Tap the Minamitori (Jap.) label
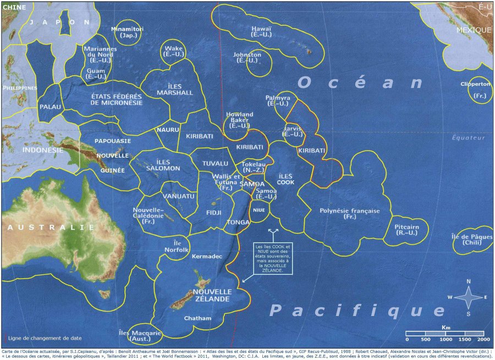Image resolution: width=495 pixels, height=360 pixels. pos(127,32)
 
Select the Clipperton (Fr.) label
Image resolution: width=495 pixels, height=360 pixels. pos(475,89)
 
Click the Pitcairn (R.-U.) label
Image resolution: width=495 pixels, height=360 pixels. pos(407,230)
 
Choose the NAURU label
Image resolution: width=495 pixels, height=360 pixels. pos(168,130)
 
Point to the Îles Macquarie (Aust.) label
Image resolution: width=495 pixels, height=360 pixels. pos(140,336)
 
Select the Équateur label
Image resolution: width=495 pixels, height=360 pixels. pos(469,138)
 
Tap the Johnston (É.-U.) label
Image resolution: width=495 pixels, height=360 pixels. pos(247,58)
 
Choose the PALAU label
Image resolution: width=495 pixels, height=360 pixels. pos(50,106)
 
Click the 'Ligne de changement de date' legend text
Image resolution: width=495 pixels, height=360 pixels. pos(45,338)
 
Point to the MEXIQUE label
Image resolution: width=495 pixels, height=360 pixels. pos(474,30)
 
